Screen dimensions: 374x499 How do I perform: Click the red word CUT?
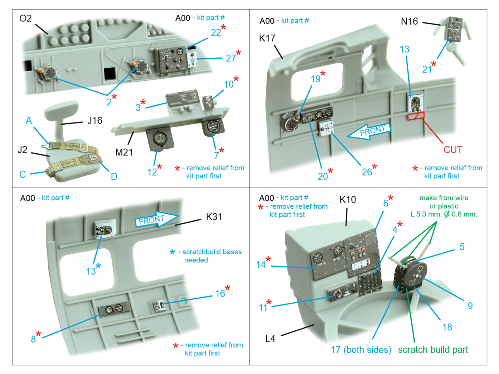click(x=453, y=150)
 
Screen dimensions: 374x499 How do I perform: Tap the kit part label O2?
click(x=25, y=18)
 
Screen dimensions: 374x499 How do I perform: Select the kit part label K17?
click(x=267, y=38)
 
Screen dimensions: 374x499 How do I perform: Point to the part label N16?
click(x=409, y=21)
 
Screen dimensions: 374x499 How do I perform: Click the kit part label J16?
click(x=94, y=120)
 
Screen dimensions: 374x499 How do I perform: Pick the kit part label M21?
click(x=124, y=152)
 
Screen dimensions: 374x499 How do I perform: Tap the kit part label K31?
click(x=214, y=217)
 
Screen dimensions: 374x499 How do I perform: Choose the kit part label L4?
click(x=270, y=338)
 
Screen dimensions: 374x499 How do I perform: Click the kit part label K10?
click(x=347, y=199)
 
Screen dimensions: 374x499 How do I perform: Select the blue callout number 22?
click(x=216, y=32)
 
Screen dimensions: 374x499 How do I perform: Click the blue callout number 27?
click(x=231, y=58)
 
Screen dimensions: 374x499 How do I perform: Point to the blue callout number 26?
click(x=367, y=172)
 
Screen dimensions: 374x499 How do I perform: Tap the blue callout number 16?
click(x=220, y=293)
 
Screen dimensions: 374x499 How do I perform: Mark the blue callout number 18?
click(x=447, y=327)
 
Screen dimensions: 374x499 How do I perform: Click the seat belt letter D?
click(x=114, y=176)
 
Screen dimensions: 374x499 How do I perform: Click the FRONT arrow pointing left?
click(x=370, y=131)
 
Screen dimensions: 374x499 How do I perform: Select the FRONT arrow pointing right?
click(x=156, y=219)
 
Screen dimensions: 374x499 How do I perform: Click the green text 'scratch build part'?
click(x=433, y=350)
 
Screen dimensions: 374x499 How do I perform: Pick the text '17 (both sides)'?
click(x=361, y=350)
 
